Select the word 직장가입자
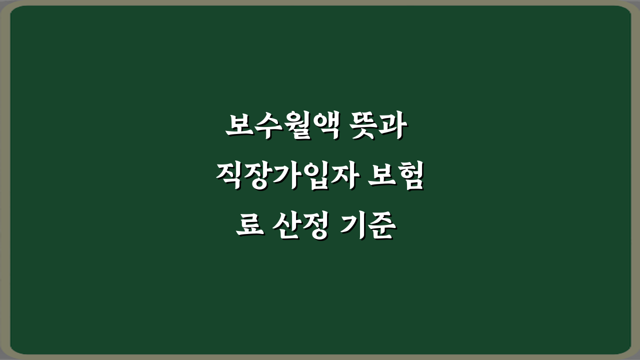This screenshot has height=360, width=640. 285,177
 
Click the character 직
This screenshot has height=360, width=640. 229,177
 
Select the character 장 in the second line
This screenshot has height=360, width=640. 257,177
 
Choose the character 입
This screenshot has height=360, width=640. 313,177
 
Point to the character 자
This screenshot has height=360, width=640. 341,177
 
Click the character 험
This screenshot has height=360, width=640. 410,177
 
